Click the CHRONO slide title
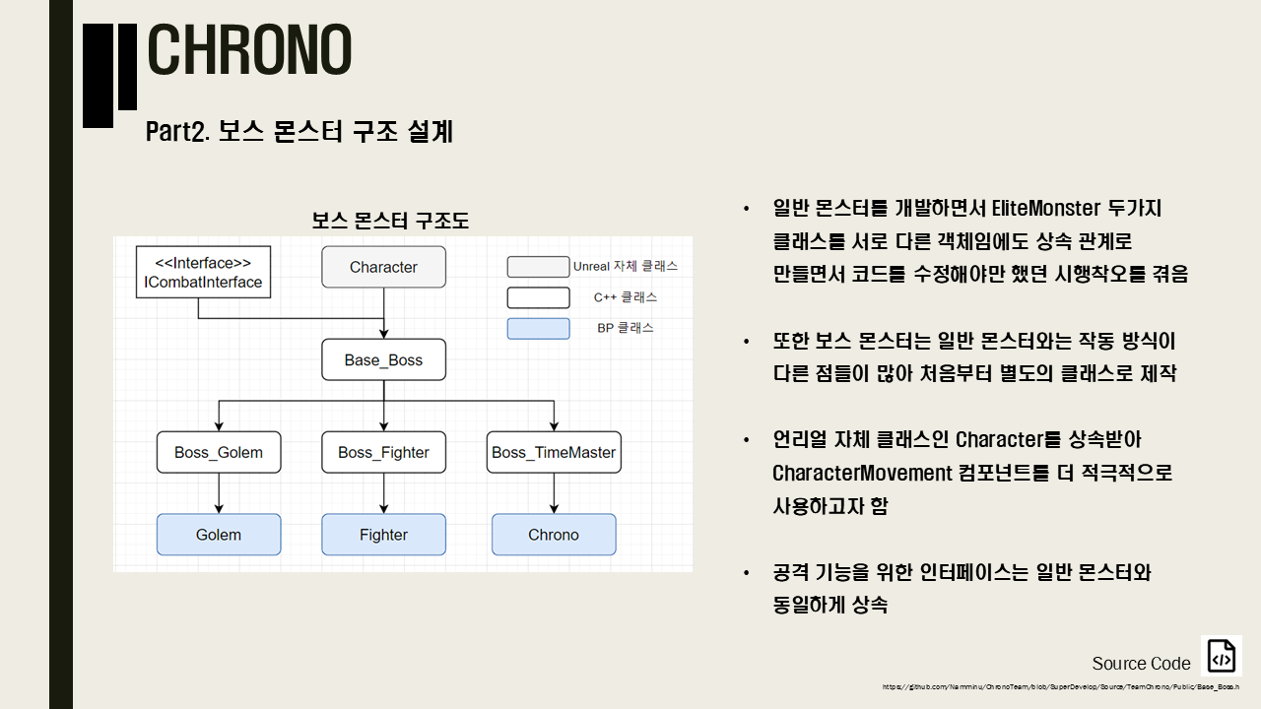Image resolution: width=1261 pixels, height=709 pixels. point(249,51)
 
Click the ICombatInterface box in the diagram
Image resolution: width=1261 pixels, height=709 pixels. point(203,273)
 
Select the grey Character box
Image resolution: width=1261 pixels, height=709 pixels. point(383,267)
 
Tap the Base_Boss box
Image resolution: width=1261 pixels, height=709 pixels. point(383,359)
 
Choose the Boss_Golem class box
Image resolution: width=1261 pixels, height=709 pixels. point(219,452)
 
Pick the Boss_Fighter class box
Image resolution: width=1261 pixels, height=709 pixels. point(383,452)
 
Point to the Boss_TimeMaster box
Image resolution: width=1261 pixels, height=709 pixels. point(554,452)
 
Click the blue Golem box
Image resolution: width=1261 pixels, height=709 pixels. point(219,535)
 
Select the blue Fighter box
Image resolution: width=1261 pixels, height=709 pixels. point(383,535)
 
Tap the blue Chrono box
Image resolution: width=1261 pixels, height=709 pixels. point(554,535)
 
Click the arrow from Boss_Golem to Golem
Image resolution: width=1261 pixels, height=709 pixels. point(219,493)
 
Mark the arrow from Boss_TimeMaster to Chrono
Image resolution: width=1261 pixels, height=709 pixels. point(554,493)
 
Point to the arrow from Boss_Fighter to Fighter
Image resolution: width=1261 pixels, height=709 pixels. point(383,493)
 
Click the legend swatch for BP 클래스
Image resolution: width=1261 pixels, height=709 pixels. point(538,328)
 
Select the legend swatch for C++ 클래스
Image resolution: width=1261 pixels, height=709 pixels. point(538,297)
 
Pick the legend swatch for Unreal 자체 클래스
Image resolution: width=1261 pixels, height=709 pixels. point(538,267)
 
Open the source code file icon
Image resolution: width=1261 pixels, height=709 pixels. point(1222,656)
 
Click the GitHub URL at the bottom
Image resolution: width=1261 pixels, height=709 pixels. point(1060,686)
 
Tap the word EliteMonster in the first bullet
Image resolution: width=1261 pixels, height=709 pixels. point(1044,209)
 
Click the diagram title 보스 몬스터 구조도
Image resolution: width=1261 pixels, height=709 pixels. point(390,221)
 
